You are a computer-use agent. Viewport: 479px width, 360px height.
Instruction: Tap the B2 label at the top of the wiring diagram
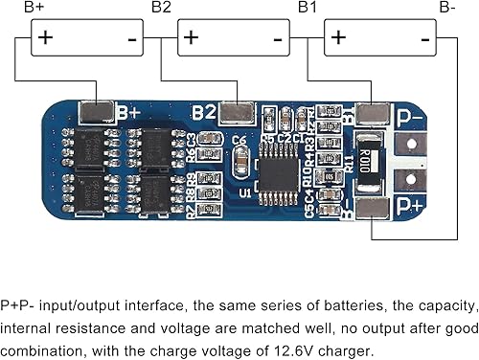[x=161, y=8]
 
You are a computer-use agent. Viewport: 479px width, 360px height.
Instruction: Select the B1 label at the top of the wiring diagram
[x=308, y=8]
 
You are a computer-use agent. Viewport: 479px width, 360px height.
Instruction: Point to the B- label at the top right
[x=447, y=8]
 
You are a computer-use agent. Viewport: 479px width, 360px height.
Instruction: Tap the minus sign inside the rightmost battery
[x=422, y=38]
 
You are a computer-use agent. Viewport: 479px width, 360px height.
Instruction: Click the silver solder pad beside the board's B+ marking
[x=98, y=114]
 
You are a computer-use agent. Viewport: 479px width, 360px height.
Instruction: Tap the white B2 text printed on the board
[x=203, y=112]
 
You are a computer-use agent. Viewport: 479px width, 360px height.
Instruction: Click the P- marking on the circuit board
[x=409, y=116]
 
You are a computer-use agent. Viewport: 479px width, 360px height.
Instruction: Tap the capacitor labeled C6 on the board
[x=240, y=142]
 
